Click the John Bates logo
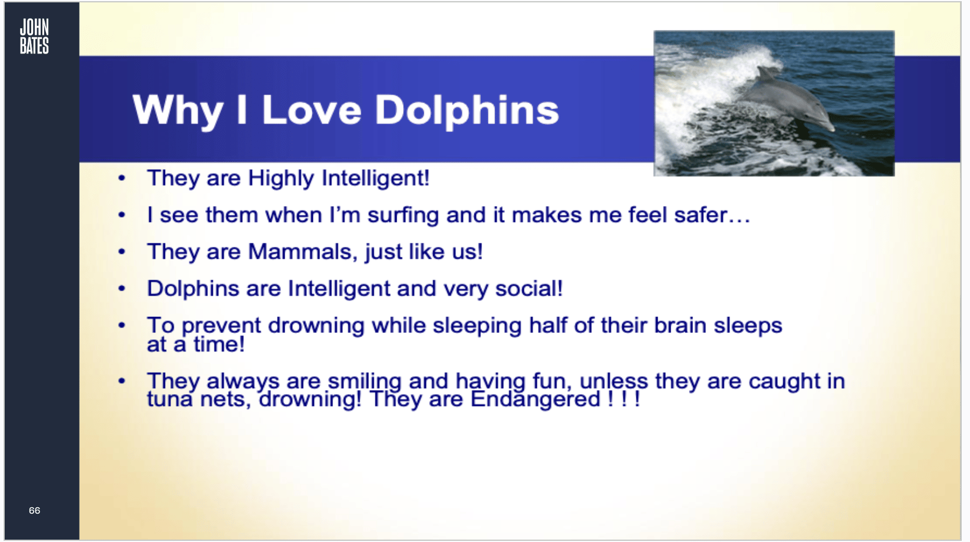point(34,37)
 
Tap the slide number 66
point(34,510)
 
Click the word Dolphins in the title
point(466,111)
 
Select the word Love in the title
point(311,110)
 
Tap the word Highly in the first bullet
point(281,179)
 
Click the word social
point(529,288)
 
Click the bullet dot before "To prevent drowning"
point(121,325)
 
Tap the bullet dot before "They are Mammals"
point(121,252)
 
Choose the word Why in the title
point(177,111)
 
